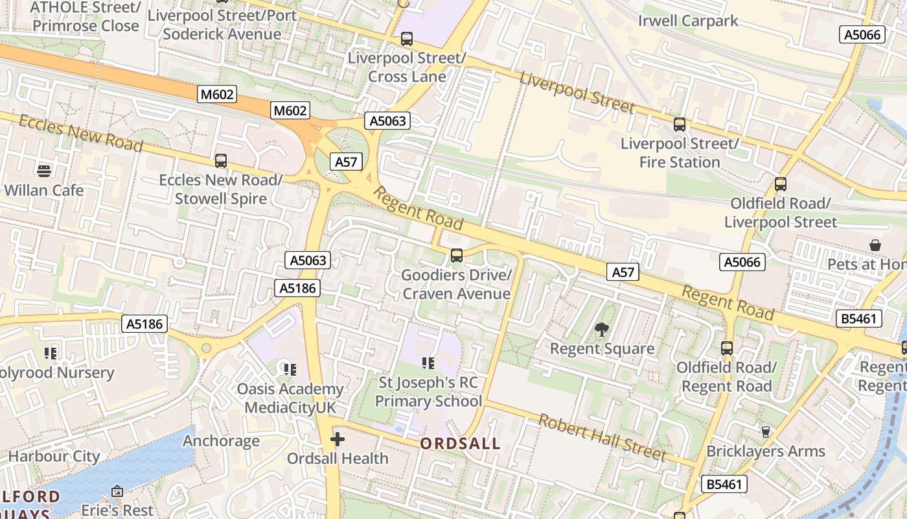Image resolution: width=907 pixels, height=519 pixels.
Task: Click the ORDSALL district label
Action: point(460,444)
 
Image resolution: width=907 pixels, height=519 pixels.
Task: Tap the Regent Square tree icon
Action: point(602,330)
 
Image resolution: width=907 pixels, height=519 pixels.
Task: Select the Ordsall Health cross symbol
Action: point(337,440)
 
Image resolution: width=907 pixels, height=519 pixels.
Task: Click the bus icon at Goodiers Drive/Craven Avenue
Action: point(457,256)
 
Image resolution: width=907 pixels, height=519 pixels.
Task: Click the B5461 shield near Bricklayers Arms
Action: point(724,484)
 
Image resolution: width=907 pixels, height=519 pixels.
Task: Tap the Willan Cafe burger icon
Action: point(44,171)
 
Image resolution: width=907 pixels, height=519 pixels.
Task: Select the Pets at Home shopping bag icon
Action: point(875,245)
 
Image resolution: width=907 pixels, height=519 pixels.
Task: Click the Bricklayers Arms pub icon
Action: point(766,431)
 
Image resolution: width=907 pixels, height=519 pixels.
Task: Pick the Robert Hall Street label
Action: point(602,437)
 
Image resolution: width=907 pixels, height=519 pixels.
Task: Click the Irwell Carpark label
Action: point(688,21)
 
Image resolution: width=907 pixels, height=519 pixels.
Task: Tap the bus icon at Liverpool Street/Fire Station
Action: point(680,124)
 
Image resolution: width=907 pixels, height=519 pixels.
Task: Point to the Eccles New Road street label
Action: point(80,133)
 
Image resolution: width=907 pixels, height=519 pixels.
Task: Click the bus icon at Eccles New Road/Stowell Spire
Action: point(221,161)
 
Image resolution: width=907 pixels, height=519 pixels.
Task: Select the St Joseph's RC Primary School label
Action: point(428,392)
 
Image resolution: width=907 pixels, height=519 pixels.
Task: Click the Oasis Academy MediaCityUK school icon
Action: point(290,370)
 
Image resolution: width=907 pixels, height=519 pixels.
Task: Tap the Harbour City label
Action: point(54,456)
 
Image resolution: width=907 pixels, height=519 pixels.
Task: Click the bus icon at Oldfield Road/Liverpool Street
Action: point(781,184)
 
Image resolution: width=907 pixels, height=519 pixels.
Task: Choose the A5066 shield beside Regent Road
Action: point(742,262)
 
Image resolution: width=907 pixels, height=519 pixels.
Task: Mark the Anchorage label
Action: point(221,441)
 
